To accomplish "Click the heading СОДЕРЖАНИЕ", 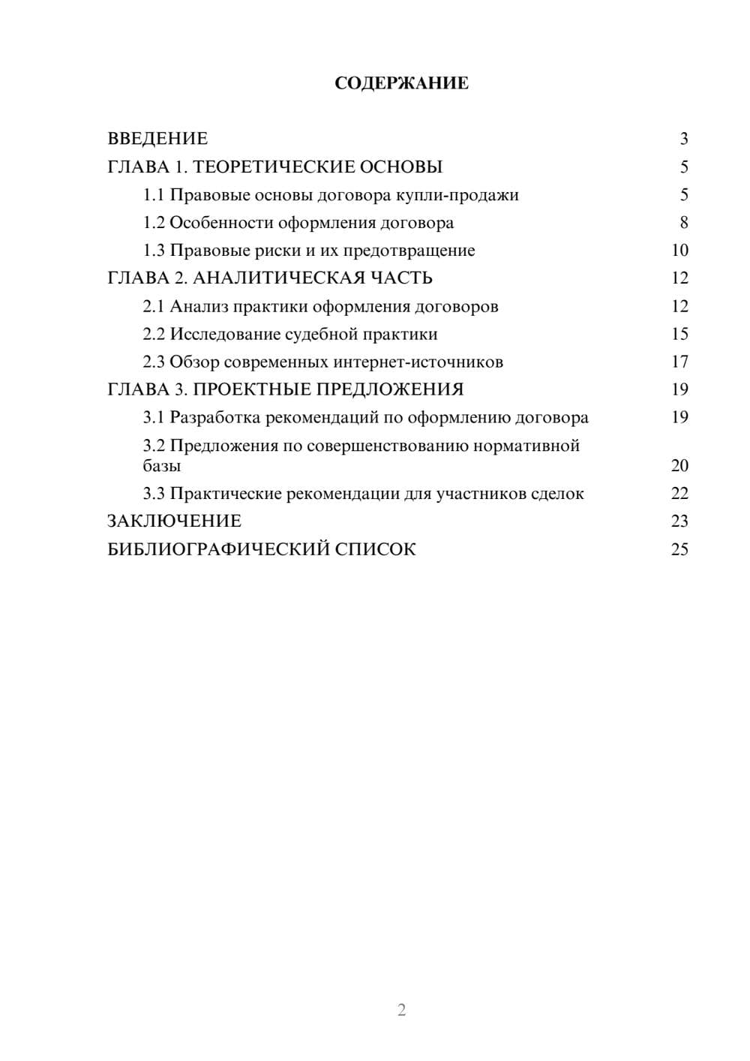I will [401, 83].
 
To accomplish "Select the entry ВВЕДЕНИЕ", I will [157, 139].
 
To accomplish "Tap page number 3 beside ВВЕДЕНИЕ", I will [683, 139].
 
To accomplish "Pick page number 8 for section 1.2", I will [683, 223].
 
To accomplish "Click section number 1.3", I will [154, 251].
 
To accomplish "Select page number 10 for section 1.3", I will [679, 251].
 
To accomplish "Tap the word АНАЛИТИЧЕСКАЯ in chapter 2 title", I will [278, 278].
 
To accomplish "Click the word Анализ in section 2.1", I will [199, 306].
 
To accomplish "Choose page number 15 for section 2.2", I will [679, 334].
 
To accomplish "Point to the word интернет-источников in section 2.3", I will [418, 362].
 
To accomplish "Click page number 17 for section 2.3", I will [679, 362].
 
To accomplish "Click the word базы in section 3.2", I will [162, 466].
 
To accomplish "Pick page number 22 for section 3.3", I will [679, 494].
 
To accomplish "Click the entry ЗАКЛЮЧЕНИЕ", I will [174, 521].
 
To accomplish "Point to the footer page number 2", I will [401, 1010].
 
